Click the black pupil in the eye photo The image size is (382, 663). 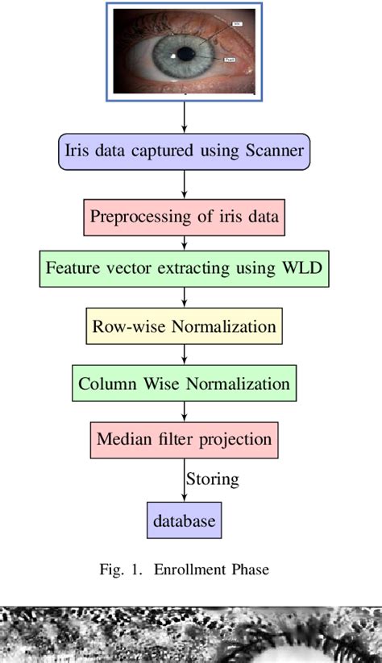186,55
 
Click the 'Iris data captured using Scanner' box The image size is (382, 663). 185,151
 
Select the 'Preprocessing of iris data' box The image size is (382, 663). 185,217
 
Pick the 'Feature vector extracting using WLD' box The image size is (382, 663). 185,268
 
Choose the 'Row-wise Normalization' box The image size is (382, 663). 185,326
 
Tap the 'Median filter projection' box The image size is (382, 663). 185,440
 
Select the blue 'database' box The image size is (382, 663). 185,520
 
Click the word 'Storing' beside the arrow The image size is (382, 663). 213,479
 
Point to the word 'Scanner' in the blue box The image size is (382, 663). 272,151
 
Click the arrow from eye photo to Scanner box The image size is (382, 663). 185,118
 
